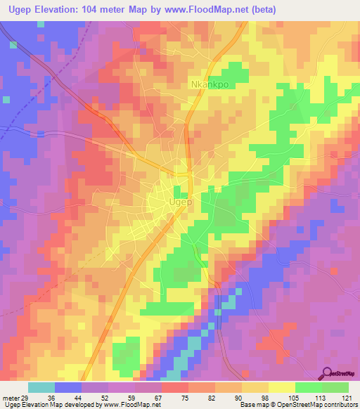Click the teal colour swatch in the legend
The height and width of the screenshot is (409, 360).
(x=41, y=387)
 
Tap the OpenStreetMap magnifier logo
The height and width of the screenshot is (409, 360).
(x=327, y=373)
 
